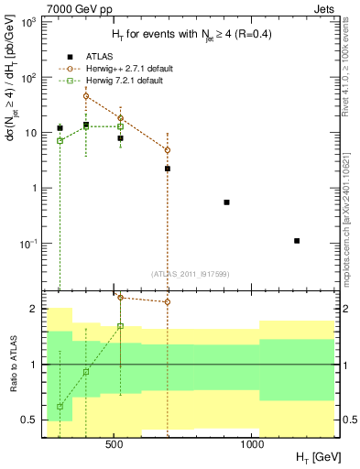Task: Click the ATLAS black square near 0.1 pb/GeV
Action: (x=297, y=240)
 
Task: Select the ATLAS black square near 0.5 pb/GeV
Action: (x=226, y=202)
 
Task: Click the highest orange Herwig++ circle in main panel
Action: (x=86, y=95)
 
